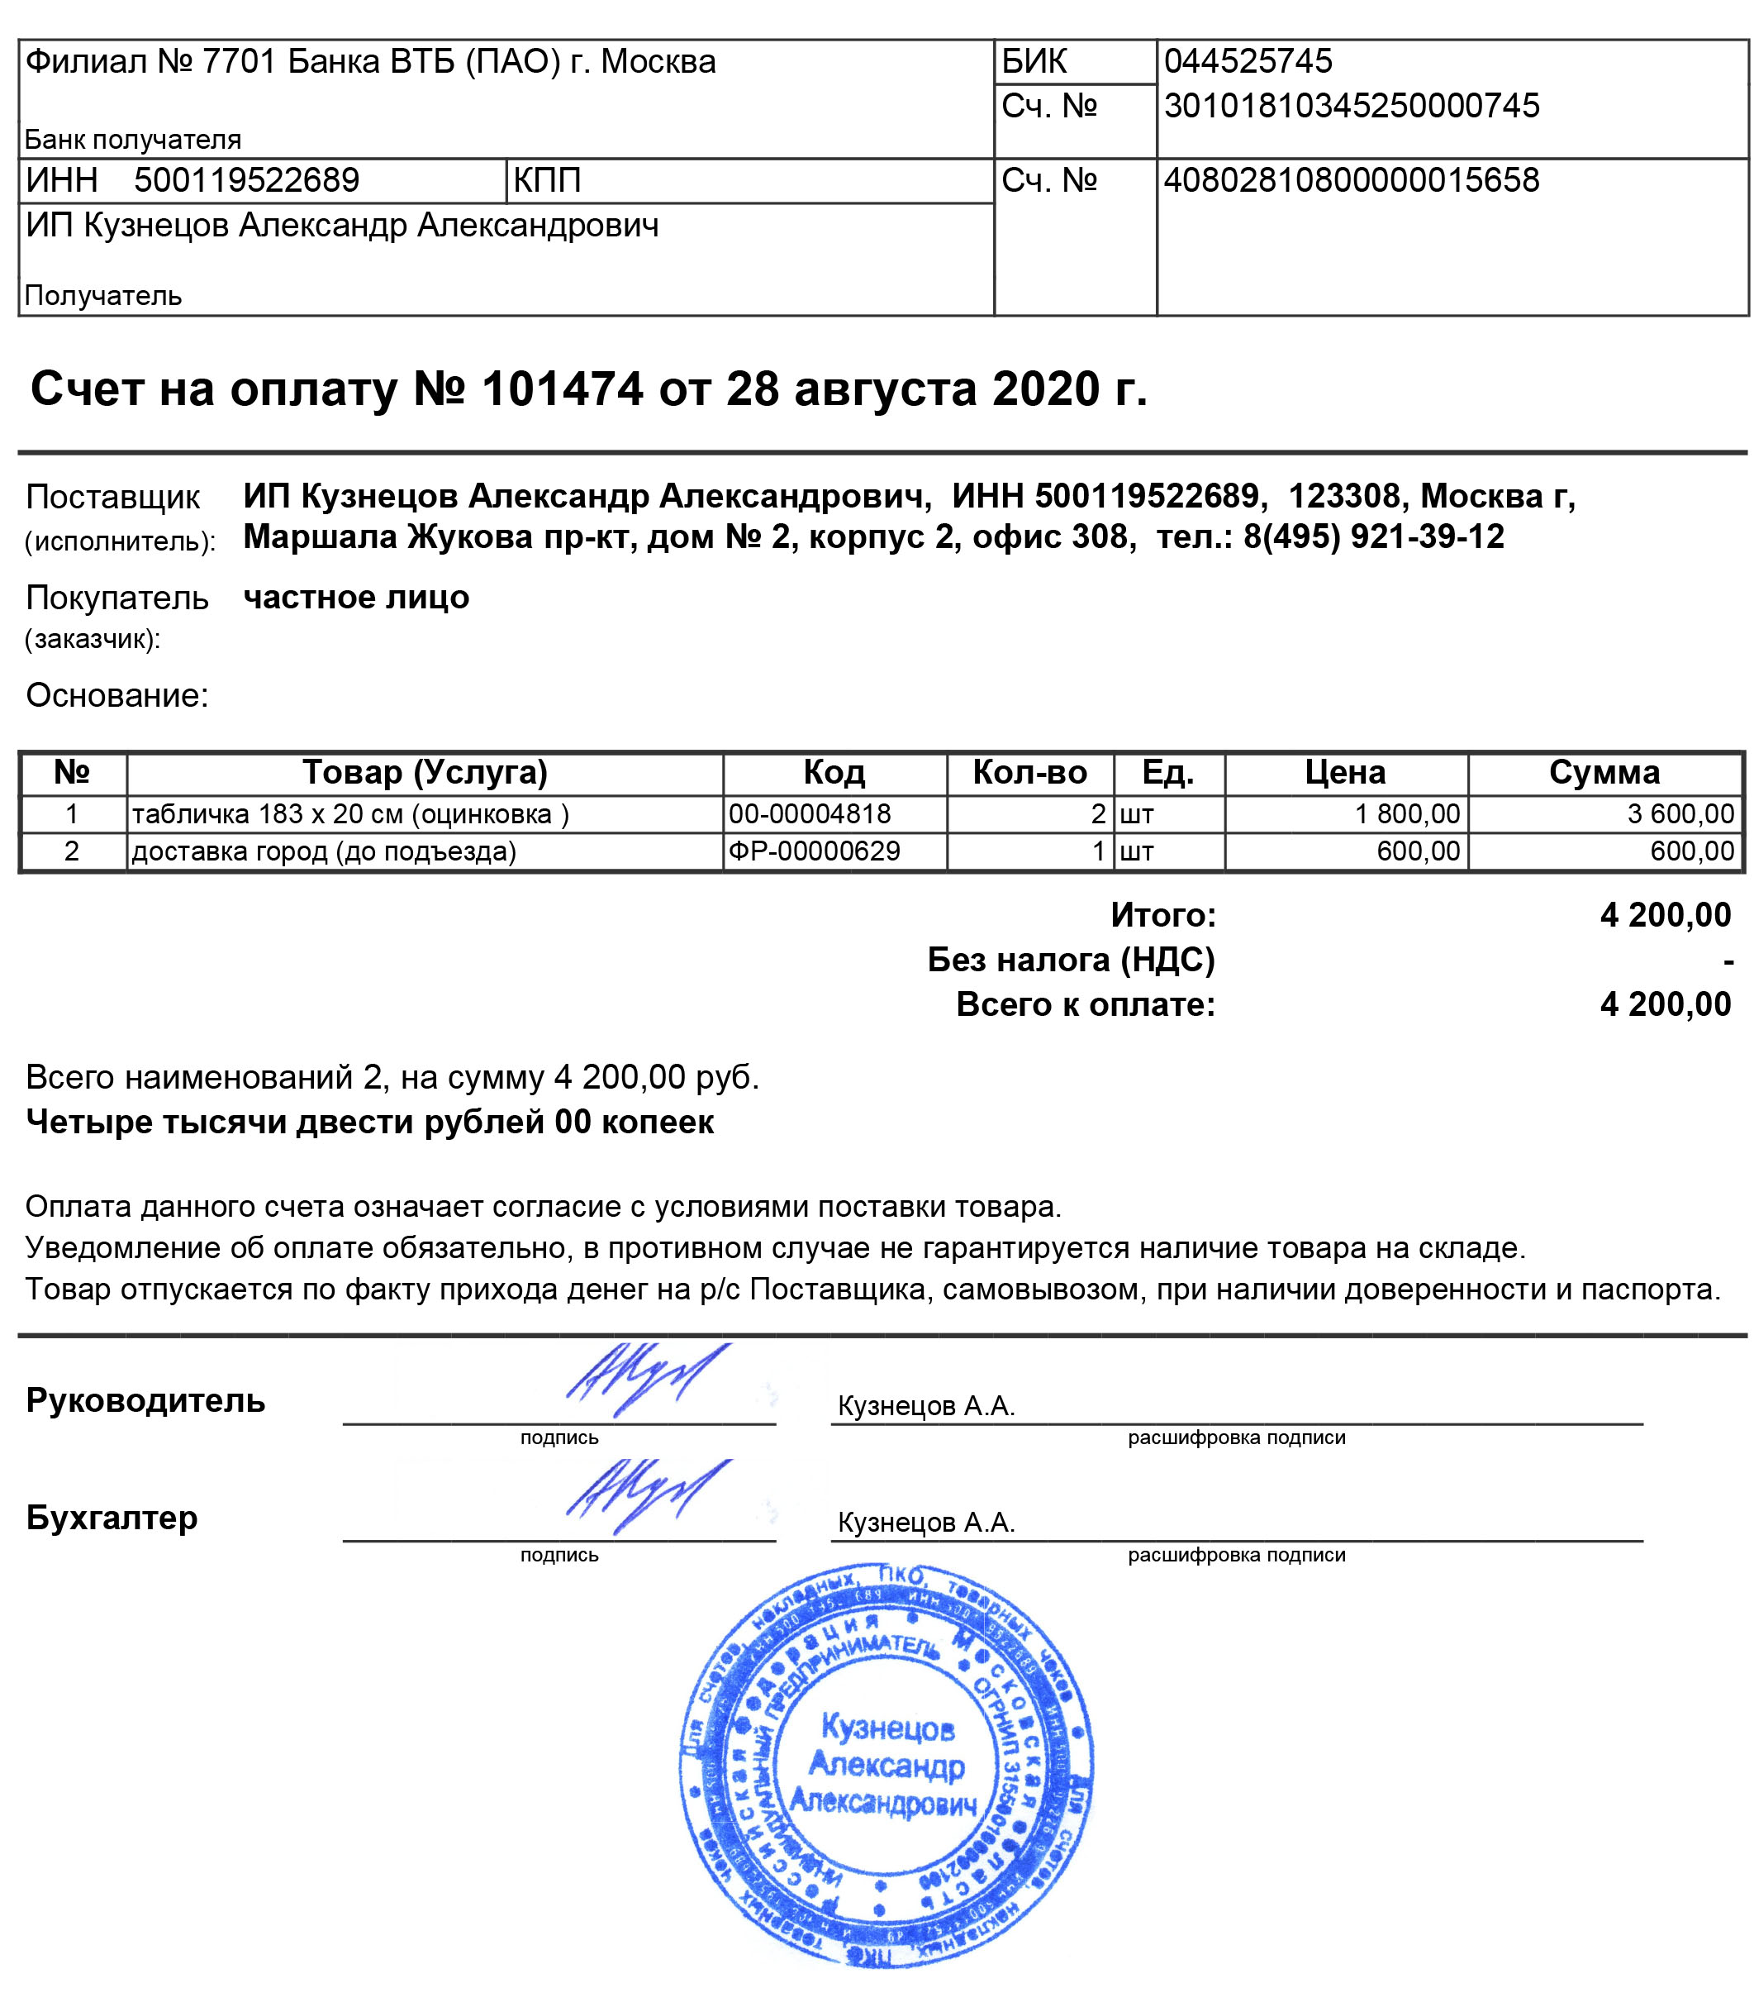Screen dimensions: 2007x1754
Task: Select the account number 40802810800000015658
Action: click(x=1351, y=180)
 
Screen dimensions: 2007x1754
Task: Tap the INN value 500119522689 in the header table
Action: click(x=247, y=180)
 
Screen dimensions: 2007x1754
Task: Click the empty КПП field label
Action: click(x=547, y=180)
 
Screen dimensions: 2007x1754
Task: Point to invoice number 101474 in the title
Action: click(x=562, y=389)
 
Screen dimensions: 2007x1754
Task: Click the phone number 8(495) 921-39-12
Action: click(x=1373, y=536)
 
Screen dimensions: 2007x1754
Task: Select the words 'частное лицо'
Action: click(x=356, y=597)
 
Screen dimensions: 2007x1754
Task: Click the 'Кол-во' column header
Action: click(x=1029, y=772)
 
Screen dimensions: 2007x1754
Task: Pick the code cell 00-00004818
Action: click(x=810, y=813)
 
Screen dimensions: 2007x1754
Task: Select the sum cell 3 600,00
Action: click(x=1680, y=813)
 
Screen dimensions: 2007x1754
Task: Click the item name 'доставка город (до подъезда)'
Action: click(x=324, y=851)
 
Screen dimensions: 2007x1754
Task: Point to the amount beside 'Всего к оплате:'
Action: click(x=1665, y=1003)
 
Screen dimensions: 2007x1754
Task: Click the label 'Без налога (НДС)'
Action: click(x=1071, y=960)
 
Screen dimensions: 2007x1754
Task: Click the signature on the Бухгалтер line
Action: click(x=646, y=1495)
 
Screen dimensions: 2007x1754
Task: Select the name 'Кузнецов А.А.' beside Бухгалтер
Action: click(x=926, y=1523)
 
